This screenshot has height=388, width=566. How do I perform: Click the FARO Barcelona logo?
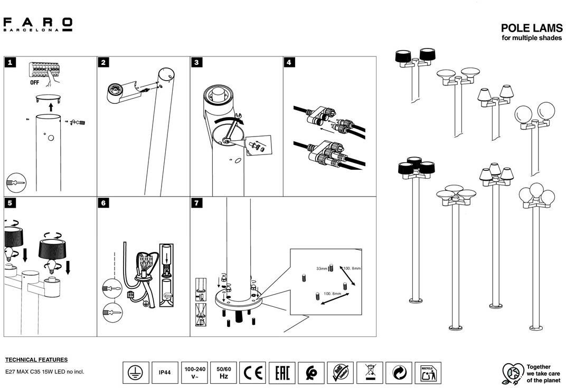[37, 24]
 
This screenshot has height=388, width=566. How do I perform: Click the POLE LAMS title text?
[531, 28]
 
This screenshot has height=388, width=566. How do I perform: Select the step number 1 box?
[11, 62]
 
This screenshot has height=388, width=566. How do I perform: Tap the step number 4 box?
[289, 62]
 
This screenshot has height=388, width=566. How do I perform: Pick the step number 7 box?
[196, 203]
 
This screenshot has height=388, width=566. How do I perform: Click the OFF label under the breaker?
[34, 83]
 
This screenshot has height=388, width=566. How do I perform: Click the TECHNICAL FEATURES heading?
[36, 360]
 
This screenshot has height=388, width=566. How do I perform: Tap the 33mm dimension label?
[322, 269]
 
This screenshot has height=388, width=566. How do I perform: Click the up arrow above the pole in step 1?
[51, 106]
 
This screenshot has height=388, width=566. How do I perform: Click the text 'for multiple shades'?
[532, 38]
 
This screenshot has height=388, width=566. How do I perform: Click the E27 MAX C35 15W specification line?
[44, 371]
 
